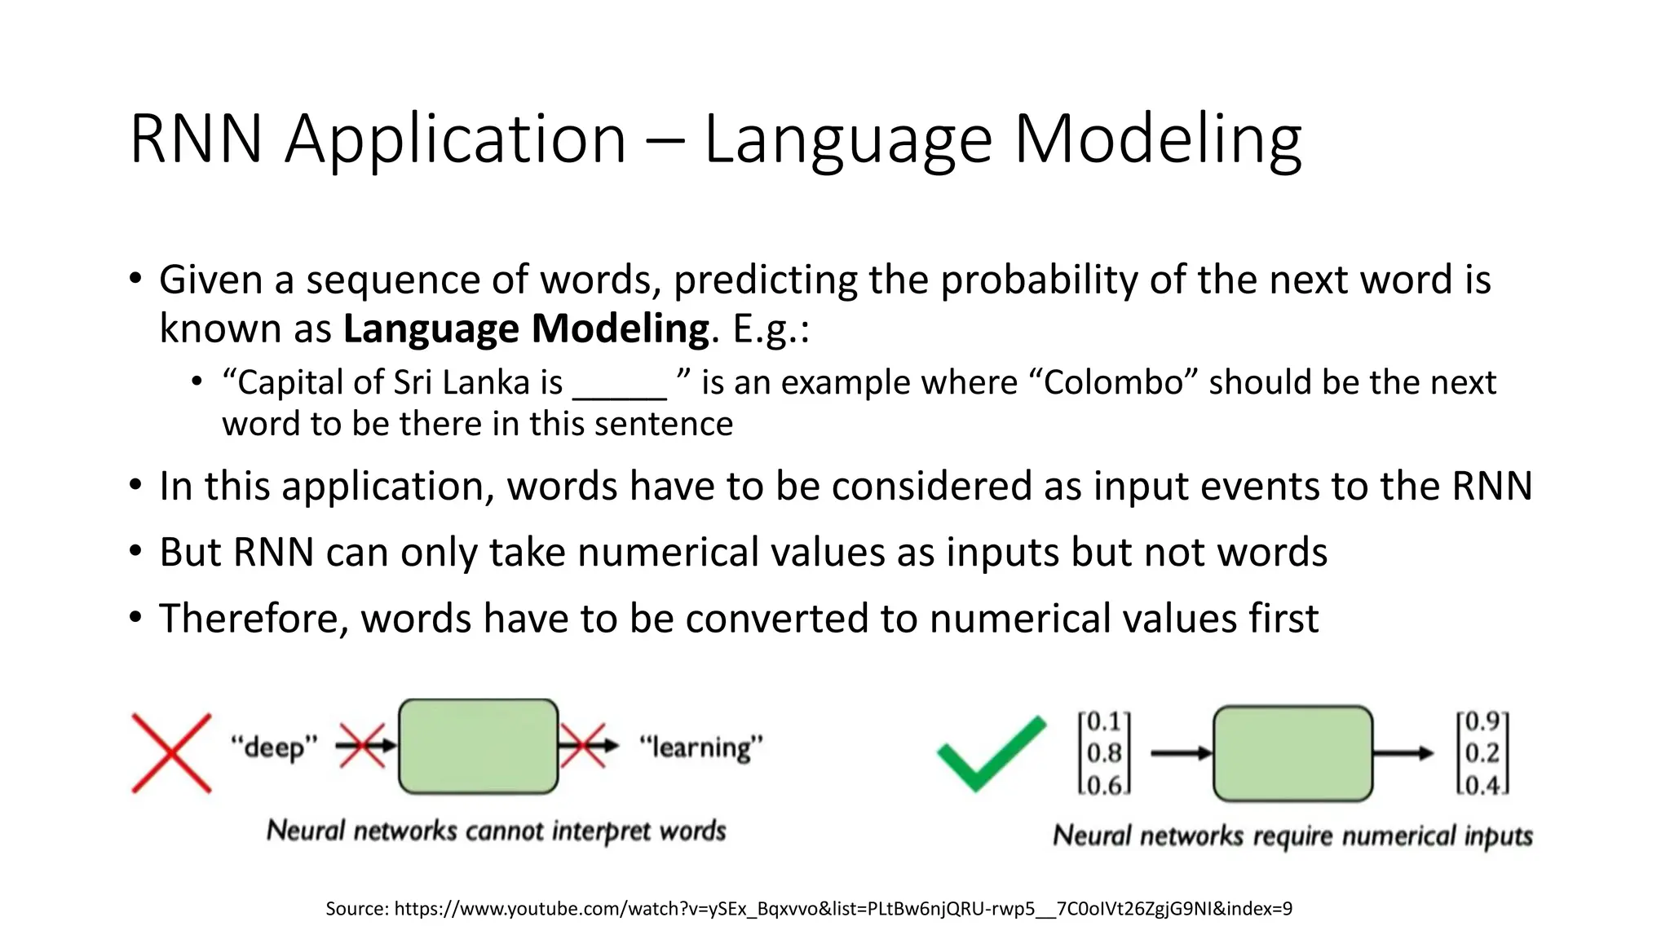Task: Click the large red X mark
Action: point(171,753)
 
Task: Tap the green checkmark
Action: point(990,754)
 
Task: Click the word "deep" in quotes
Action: point(273,747)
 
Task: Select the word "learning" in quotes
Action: point(700,747)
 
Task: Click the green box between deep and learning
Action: point(478,746)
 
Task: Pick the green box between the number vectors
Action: point(1292,753)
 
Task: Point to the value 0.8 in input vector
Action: point(1104,753)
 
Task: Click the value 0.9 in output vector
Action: point(1482,721)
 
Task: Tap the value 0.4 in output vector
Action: point(1482,785)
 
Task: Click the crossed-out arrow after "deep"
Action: point(364,745)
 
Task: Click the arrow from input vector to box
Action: point(1181,753)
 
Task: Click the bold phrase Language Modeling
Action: point(526,328)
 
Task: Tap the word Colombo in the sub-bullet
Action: point(1114,382)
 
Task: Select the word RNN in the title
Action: point(196,139)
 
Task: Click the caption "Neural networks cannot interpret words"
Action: point(496,831)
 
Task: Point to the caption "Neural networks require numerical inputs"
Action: point(1292,835)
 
